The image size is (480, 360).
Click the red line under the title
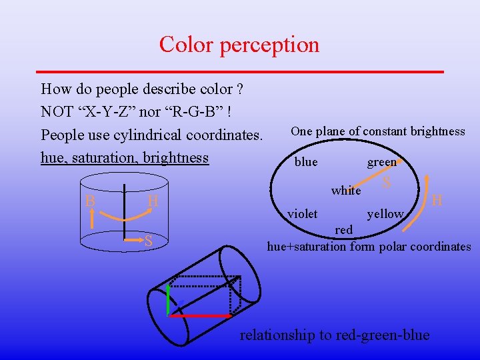click(x=239, y=71)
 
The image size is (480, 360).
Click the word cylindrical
click(x=143, y=135)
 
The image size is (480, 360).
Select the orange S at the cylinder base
click(x=149, y=241)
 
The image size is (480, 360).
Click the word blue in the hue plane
click(x=306, y=162)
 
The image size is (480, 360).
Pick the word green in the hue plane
click(x=381, y=162)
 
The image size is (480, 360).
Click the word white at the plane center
click(x=346, y=191)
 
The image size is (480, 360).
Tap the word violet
click(x=302, y=214)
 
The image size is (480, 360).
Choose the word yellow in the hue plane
click(x=385, y=214)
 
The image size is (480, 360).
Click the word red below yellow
click(x=344, y=229)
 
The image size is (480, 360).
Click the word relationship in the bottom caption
click(x=277, y=335)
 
